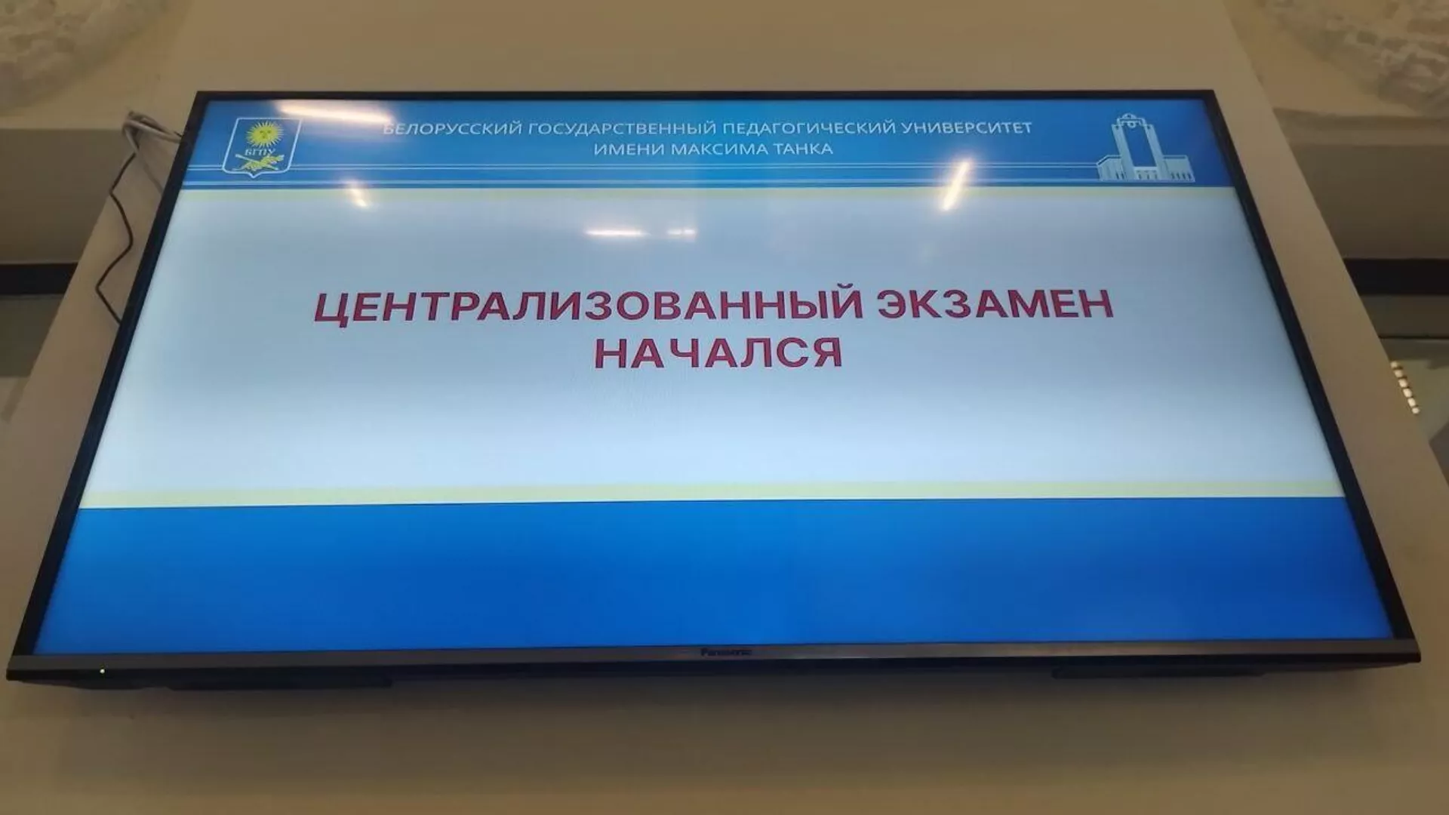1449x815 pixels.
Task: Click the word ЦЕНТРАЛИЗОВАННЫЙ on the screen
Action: [x=589, y=307]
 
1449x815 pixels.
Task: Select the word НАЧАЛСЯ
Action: [x=718, y=352]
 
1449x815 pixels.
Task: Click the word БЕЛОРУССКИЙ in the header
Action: [x=452, y=129]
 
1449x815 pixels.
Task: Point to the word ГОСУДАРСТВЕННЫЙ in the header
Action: [x=618, y=128]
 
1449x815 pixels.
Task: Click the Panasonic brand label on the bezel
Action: [x=725, y=651]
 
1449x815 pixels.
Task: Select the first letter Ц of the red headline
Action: [x=330, y=309]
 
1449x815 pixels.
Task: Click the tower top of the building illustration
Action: [x=1128, y=121]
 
